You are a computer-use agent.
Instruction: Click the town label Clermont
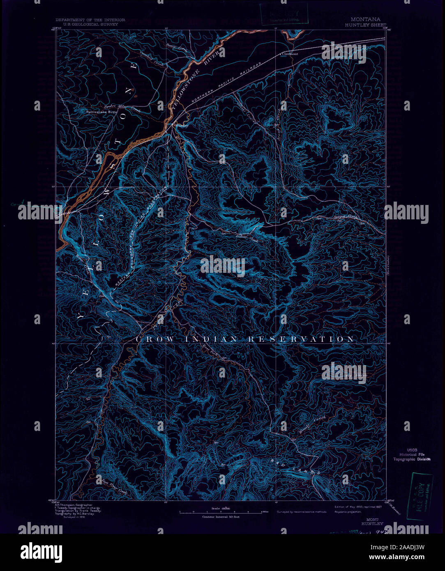pyautogui.click(x=290, y=53)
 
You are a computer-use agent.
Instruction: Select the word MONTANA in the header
pyautogui.click(x=365, y=19)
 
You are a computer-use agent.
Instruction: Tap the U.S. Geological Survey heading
pyautogui.click(x=87, y=24)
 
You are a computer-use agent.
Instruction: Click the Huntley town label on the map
pyautogui.click(x=182, y=126)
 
